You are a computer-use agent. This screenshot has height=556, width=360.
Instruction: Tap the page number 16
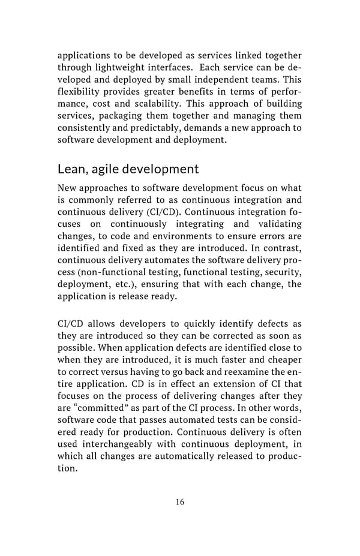pyautogui.click(x=180, y=502)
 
